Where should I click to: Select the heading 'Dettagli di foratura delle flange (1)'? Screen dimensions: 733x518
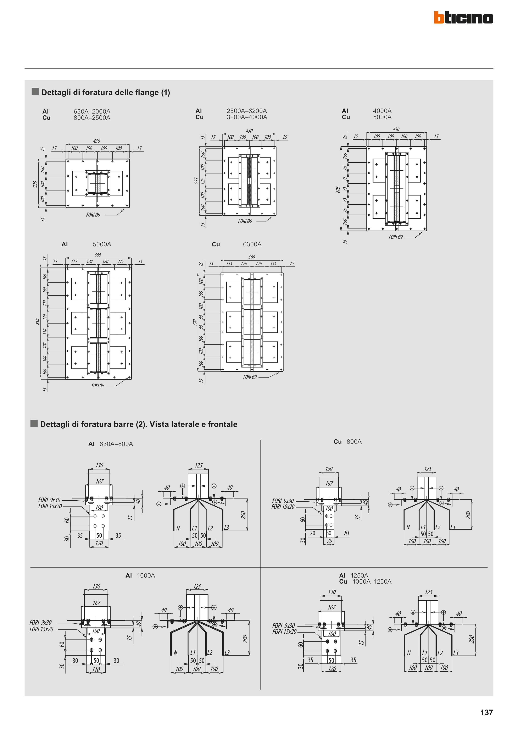tap(105, 93)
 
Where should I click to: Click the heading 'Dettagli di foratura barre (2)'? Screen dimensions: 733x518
tap(139, 424)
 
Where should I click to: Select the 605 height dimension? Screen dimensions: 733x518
tap(338, 189)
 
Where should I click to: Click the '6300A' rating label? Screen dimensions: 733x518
tap(252, 244)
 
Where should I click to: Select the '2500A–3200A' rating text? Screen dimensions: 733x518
tap(247, 111)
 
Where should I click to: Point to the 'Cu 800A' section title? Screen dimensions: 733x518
tap(347, 442)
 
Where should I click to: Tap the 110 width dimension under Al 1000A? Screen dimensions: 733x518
tap(96, 669)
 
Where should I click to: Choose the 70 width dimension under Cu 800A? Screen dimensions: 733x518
tap(329, 541)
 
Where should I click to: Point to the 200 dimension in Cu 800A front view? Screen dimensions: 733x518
tap(468, 515)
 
